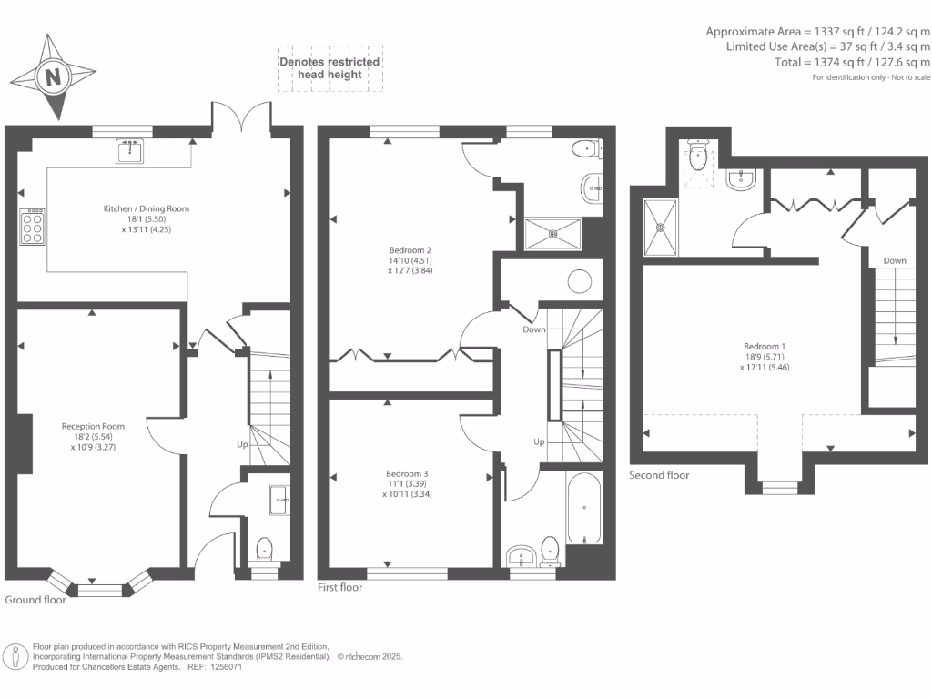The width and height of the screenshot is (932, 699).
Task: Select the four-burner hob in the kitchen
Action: pyautogui.click(x=33, y=227)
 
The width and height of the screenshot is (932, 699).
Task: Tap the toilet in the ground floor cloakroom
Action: pyautogui.click(x=264, y=549)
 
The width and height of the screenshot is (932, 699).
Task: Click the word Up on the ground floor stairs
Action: pyautogui.click(x=242, y=445)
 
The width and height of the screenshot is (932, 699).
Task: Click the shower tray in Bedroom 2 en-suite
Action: pyautogui.click(x=552, y=233)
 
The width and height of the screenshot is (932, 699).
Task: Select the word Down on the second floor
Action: pyautogui.click(x=894, y=261)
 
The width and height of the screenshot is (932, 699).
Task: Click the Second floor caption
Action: pyautogui.click(x=659, y=475)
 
